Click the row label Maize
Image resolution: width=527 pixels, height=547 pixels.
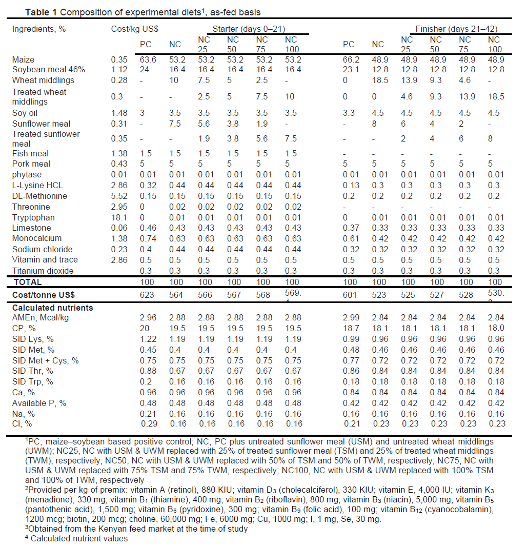click(23, 60)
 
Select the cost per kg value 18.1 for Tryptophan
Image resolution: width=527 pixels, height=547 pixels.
click(119, 217)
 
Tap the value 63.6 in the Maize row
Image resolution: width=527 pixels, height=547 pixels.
click(146, 60)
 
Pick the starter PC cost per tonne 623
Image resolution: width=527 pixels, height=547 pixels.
click(146, 294)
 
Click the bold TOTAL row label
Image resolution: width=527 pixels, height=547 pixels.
click(28, 282)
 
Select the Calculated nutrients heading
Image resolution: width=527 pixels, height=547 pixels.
click(53, 308)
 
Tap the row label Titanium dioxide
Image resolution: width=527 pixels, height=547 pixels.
click(43, 271)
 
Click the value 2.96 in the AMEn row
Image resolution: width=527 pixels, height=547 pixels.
click(146, 318)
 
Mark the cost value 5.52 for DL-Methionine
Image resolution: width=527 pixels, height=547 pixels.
click(119, 196)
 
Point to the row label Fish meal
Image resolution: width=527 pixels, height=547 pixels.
click(31, 153)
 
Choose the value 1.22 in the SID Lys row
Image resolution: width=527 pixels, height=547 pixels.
click(146, 339)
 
